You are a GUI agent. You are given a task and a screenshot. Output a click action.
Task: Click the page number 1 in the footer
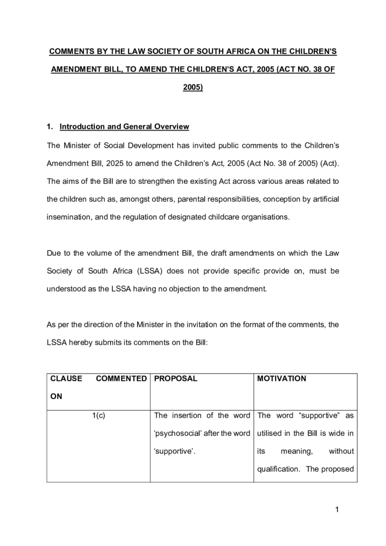[336, 510]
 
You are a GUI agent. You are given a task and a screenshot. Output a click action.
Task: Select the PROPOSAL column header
[176, 379]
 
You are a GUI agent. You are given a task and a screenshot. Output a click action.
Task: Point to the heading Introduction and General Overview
[125, 127]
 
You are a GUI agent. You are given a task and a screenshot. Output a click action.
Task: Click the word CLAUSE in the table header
[66, 379]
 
